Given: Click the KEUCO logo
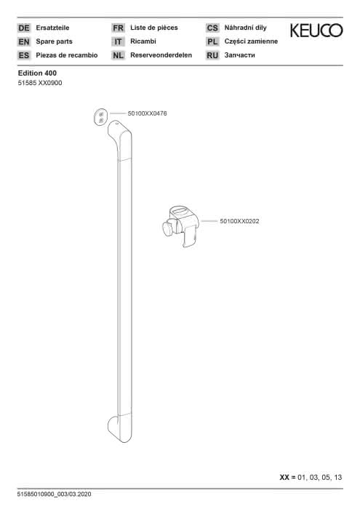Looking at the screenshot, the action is tap(316, 31).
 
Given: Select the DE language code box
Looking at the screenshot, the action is tap(24, 28).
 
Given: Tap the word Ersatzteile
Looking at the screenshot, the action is tap(52, 28).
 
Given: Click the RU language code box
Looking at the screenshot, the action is tap(212, 55).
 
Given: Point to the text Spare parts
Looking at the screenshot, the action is tap(55, 41).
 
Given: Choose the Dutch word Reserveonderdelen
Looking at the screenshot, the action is tap(161, 55).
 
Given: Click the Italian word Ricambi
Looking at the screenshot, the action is tap(143, 41).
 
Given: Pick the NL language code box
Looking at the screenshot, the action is tap(118, 55).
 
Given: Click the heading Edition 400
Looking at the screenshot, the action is tap(37, 73).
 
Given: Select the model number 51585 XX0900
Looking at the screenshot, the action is tap(40, 83).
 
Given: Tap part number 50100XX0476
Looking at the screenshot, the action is tap(148, 113).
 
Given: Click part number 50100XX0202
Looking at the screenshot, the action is tap(239, 221).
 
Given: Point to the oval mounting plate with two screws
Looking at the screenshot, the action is tap(100, 117).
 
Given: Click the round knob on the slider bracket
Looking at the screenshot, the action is tap(168, 228).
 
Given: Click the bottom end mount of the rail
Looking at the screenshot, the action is tap(120, 428).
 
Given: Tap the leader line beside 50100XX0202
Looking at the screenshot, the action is tap(209, 221).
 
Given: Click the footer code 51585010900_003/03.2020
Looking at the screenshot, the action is tap(55, 494).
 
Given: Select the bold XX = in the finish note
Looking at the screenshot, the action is tap(287, 478).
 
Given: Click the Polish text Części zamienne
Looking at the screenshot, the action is tap(251, 41).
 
